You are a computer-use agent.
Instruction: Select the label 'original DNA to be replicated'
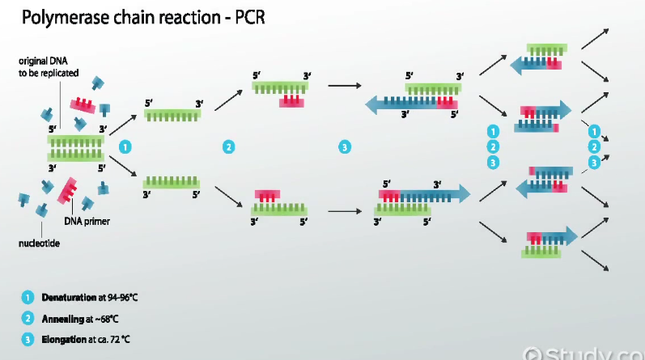48,66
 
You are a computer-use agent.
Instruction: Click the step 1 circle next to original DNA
125,146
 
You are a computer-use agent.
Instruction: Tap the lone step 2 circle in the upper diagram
229,146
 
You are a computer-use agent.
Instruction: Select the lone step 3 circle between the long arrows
345,146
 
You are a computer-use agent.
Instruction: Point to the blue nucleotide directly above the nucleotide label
41,209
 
